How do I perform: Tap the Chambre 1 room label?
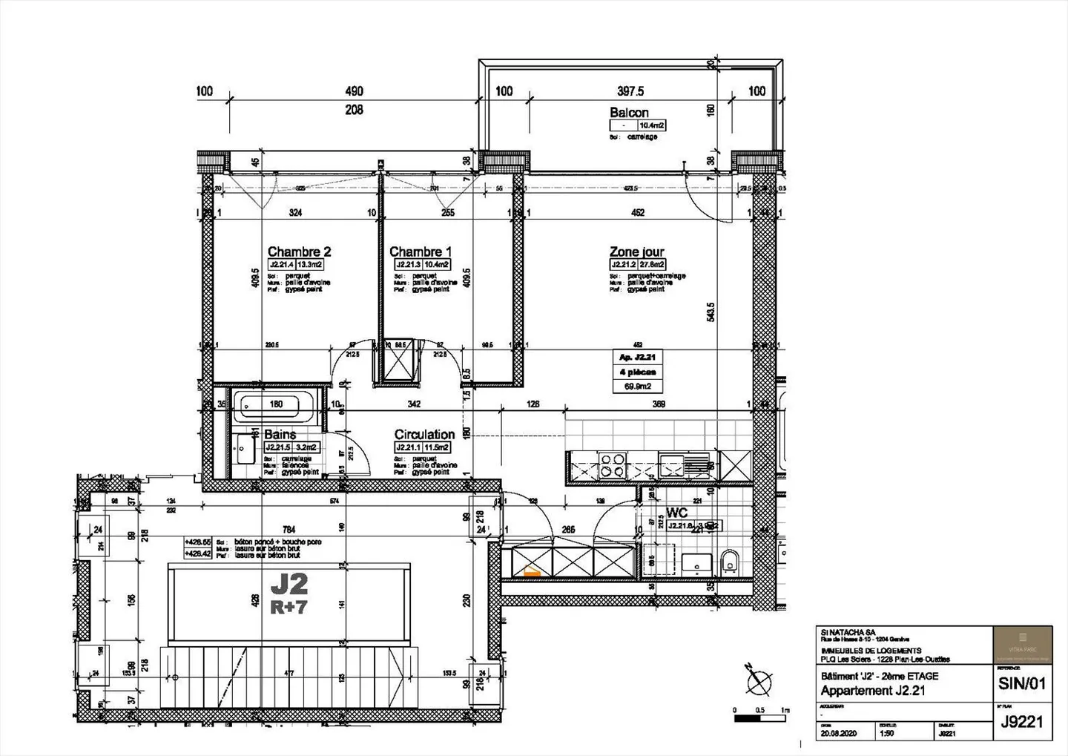[420, 252]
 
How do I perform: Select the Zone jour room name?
[636, 252]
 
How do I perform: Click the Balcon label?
[629, 113]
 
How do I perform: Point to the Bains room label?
[280, 435]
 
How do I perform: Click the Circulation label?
[424, 435]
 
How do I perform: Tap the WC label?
[676, 513]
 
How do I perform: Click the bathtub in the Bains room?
[268, 406]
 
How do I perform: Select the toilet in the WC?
[729, 562]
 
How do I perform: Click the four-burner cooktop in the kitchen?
[613, 465]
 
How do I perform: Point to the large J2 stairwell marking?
[289, 585]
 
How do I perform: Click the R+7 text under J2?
[289, 608]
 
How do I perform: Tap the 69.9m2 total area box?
[637, 387]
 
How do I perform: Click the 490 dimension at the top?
[355, 91]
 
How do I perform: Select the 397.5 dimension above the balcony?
[630, 91]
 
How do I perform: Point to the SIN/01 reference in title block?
[1022, 683]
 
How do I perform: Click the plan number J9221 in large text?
[1022, 722]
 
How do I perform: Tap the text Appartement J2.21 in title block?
[872, 691]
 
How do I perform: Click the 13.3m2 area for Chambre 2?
[309, 264]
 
